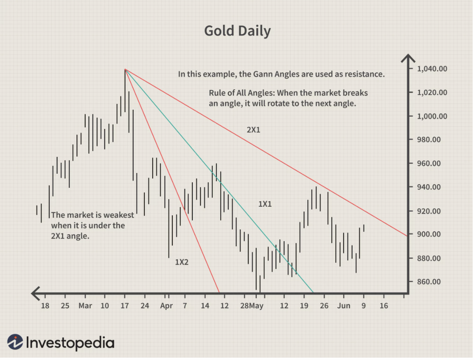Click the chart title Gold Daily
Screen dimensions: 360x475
pyautogui.click(x=237, y=31)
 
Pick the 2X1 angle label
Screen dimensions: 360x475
pyautogui.click(x=253, y=129)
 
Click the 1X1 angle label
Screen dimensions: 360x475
pyautogui.click(x=265, y=204)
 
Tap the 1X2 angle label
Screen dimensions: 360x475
pyautogui.click(x=182, y=262)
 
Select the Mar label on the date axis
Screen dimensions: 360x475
pyautogui.click(x=85, y=306)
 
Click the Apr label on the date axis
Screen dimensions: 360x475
pyautogui.click(x=166, y=306)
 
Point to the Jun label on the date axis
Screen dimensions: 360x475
pyautogui.click(x=343, y=306)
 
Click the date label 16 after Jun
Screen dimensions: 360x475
pyautogui.click(x=384, y=306)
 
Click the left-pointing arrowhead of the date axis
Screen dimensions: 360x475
pyautogui.click(x=35, y=293)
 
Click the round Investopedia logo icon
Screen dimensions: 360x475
pyautogui.click(x=15, y=342)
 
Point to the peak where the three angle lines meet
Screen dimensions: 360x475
pyautogui.click(x=125, y=69)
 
